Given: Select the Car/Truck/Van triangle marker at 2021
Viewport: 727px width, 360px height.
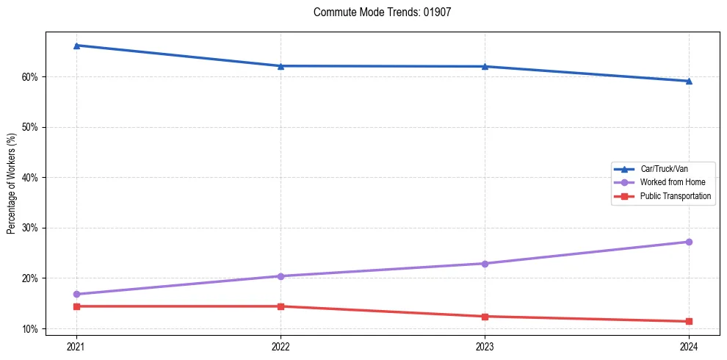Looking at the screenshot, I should pos(76,46).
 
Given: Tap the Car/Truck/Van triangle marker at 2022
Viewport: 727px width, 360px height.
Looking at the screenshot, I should pos(281,66).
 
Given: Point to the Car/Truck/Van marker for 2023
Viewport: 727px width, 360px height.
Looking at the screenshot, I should pos(485,66).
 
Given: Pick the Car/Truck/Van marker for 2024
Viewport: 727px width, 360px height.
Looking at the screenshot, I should pos(689,81).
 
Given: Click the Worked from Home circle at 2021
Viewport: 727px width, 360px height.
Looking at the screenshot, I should pos(76,294).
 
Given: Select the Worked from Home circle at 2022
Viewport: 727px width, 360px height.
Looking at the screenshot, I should pos(281,276).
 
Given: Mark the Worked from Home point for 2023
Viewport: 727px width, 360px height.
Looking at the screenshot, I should pos(485,263).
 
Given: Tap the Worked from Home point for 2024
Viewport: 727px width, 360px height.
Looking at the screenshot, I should pos(689,242).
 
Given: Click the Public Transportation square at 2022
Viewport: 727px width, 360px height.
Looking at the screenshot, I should pos(281,306).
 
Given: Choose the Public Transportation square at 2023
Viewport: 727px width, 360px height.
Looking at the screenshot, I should pos(485,317).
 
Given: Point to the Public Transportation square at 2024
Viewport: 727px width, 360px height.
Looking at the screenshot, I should pos(689,321).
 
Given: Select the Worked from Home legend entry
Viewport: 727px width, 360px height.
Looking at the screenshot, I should pos(672,182).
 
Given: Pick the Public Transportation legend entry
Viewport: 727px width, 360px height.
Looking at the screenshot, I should pos(675,196).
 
